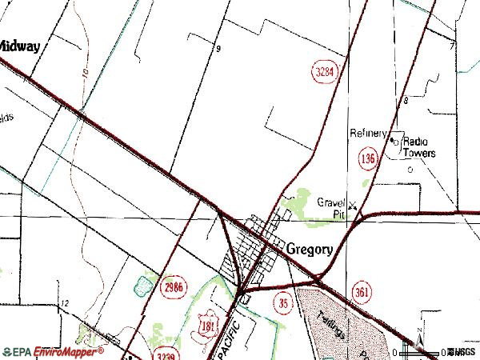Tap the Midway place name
[x=18, y=46]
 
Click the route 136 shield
[x=368, y=160]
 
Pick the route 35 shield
[x=284, y=302]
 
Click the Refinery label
[x=368, y=133]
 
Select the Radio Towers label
[x=418, y=146]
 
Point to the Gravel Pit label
[x=330, y=209]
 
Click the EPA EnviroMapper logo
[x=54, y=351]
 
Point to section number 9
[x=217, y=50]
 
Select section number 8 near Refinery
[x=406, y=101]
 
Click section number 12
[x=65, y=304]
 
